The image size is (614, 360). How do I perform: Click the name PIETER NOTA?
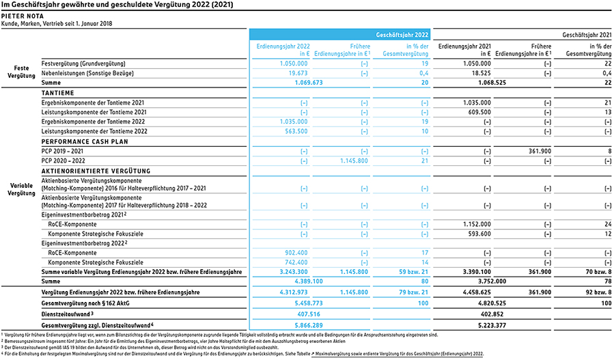(x=23, y=16)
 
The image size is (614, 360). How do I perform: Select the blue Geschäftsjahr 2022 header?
(x=402, y=35)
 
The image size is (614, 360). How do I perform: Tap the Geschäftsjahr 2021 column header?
(x=587, y=35)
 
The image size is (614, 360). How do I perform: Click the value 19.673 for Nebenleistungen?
(x=298, y=73)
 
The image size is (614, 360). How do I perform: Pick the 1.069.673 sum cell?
(x=309, y=83)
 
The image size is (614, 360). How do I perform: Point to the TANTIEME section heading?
(x=57, y=93)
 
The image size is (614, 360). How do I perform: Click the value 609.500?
(x=479, y=112)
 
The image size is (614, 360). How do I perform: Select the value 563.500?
(x=296, y=131)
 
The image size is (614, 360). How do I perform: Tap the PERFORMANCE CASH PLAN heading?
(x=85, y=141)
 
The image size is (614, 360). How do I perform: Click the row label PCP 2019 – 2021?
(x=62, y=151)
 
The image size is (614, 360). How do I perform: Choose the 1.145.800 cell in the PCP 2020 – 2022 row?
(x=354, y=161)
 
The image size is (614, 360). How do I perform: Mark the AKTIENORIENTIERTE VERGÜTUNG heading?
(x=96, y=171)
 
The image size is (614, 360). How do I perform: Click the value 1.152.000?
(x=477, y=224)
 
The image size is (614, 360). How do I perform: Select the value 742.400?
(x=296, y=262)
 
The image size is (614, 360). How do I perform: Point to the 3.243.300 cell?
(x=294, y=272)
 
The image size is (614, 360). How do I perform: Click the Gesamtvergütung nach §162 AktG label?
(x=85, y=303)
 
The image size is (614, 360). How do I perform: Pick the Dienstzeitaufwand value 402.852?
(x=492, y=314)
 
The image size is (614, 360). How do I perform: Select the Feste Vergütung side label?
(x=21, y=72)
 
